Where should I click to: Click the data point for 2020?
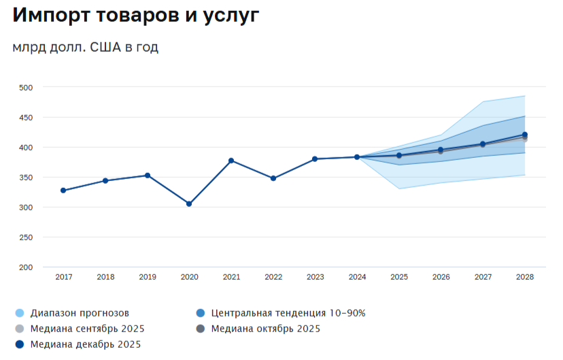(x=189, y=203)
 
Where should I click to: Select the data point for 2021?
(x=231, y=161)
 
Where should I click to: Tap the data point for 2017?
(x=63, y=191)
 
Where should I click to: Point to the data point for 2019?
(x=148, y=176)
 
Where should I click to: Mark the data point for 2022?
(x=273, y=178)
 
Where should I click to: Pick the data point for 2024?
(x=357, y=157)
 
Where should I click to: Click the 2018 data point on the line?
(x=105, y=180)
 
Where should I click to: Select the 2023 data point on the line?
(x=315, y=159)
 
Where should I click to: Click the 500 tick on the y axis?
(x=26, y=87)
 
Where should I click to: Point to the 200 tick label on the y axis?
(x=26, y=267)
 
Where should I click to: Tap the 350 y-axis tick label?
(x=26, y=177)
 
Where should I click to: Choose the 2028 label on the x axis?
(x=525, y=277)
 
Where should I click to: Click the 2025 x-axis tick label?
(x=399, y=277)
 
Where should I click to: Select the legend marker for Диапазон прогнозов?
(x=19, y=313)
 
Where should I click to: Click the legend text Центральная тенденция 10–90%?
(x=288, y=313)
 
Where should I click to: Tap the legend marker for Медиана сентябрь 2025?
(x=19, y=329)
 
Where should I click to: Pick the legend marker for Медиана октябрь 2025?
(x=200, y=329)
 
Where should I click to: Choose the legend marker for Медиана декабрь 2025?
(x=19, y=344)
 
